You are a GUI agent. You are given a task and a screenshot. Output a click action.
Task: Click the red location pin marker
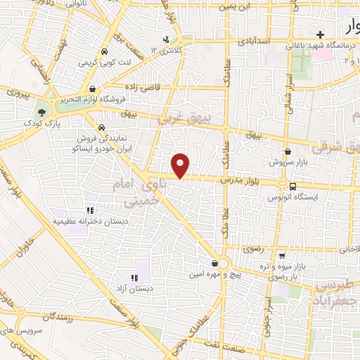click(181, 165)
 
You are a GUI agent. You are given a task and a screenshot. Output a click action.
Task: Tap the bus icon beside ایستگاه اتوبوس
click(292, 186)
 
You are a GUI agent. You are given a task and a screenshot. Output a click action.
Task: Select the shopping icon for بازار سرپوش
click(288, 151)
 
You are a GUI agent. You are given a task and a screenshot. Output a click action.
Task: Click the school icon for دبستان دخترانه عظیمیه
click(89, 210)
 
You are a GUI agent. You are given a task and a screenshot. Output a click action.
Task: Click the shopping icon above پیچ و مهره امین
click(214, 263)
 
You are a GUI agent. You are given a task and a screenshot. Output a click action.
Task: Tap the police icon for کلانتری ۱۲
click(166, 39)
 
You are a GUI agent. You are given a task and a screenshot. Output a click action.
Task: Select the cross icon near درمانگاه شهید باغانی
click(320, 34)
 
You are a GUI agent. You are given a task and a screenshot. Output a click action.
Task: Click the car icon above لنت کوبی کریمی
click(104, 51)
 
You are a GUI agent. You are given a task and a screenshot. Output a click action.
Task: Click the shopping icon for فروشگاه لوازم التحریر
click(94, 89)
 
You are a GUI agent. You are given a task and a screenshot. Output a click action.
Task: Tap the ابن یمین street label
click(235, 7)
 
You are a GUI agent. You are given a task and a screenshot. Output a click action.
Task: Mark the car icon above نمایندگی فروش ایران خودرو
click(103, 128)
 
